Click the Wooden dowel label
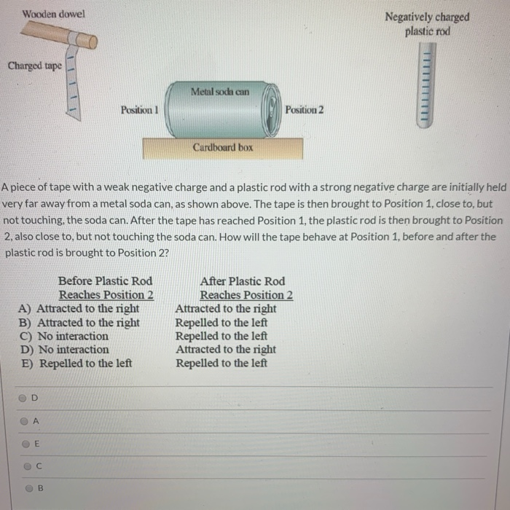(53, 14)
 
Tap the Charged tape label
(34, 66)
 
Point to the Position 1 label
(140, 110)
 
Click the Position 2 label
(305, 110)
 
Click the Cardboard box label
(223, 147)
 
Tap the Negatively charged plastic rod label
(427, 23)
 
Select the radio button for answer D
(23, 399)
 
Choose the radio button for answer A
(25, 421)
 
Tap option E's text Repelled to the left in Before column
(85, 363)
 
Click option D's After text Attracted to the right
(226, 349)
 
